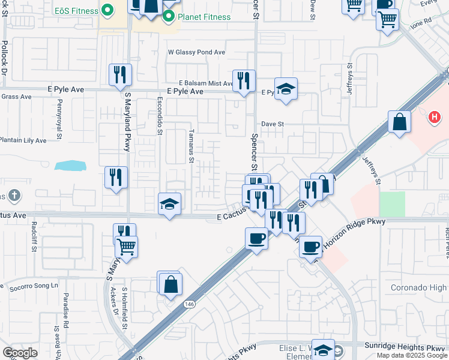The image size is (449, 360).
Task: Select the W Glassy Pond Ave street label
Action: point(196,53)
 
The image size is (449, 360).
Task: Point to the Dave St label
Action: point(271,124)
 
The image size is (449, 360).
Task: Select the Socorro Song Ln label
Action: point(34,286)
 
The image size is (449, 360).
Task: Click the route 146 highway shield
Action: point(190,304)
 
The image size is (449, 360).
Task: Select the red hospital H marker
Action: point(435,117)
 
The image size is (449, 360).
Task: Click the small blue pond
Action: point(69,165)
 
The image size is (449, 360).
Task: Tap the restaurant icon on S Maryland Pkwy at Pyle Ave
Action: point(120,74)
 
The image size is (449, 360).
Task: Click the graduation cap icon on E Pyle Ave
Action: point(286,88)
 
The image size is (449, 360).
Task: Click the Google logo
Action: point(20,353)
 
